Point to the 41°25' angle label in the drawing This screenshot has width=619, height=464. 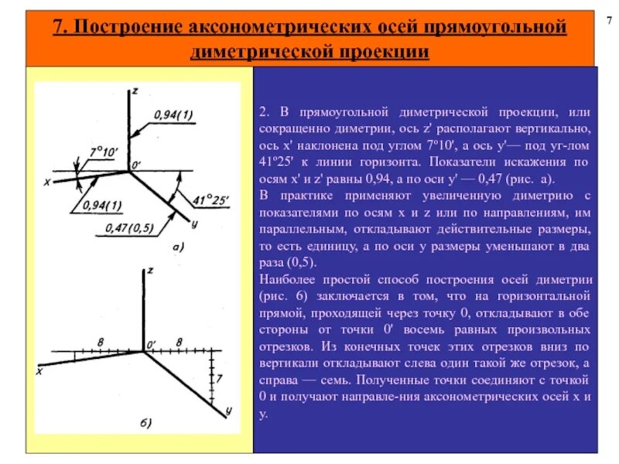tap(211, 200)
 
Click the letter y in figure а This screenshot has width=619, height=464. tap(194, 223)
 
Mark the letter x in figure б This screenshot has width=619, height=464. tap(38, 371)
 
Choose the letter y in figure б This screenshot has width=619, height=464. tap(230, 408)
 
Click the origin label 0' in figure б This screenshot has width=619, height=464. tap(151, 341)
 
